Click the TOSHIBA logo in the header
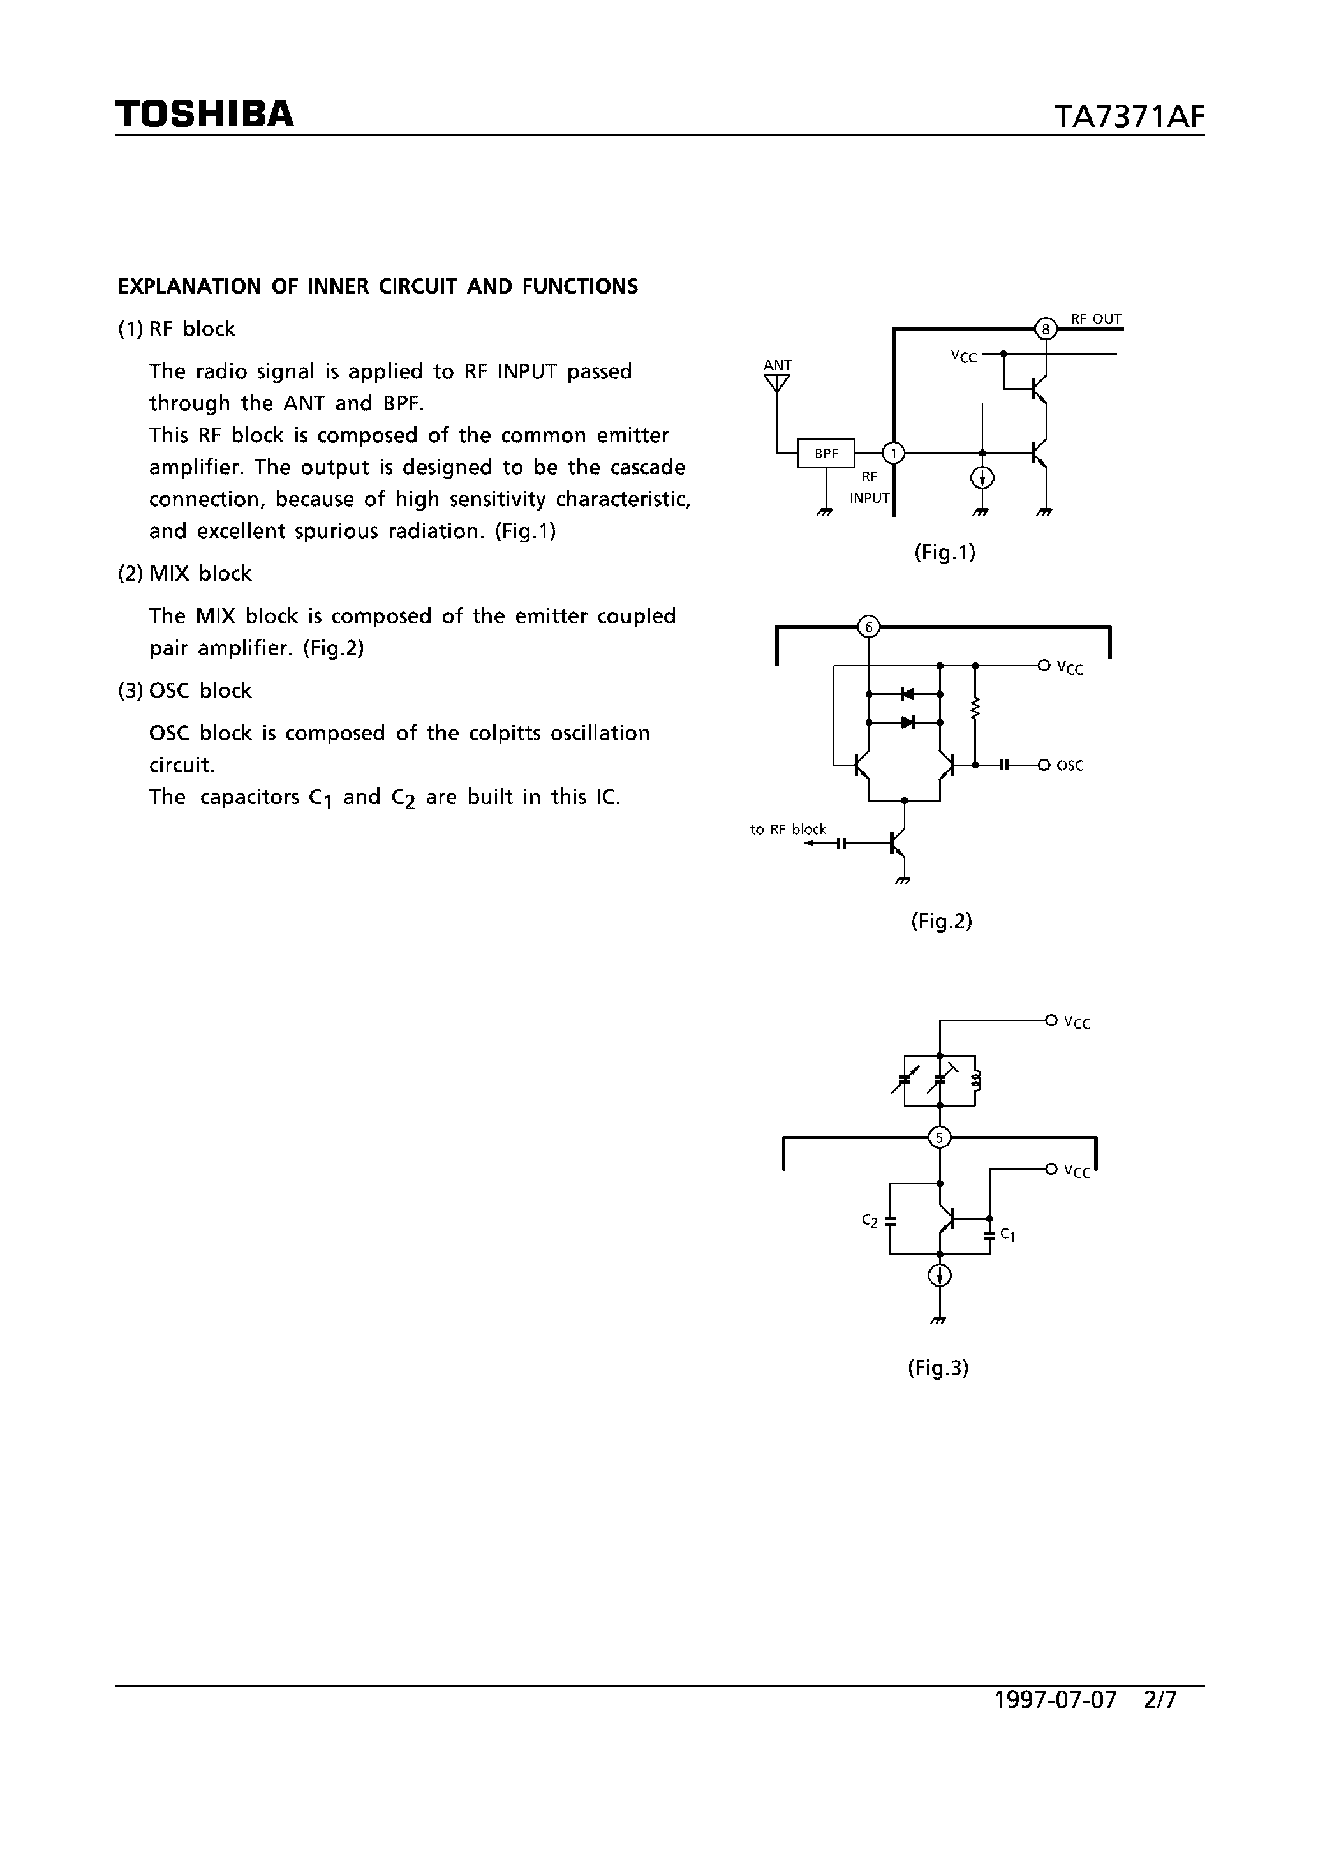coord(204,114)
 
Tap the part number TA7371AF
coord(1129,117)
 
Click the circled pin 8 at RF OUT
coord(1046,329)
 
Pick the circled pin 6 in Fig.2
coord(869,627)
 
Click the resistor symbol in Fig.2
coord(975,709)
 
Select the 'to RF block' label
coord(787,829)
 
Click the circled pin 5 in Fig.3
coord(939,1137)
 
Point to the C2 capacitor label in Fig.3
coord(870,1221)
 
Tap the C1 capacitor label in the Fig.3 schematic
coord(1007,1234)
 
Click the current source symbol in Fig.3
coord(939,1276)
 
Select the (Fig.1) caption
coord(944,553)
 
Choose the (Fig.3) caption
coord(938,1368)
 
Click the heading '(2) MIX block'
coord(185,574)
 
